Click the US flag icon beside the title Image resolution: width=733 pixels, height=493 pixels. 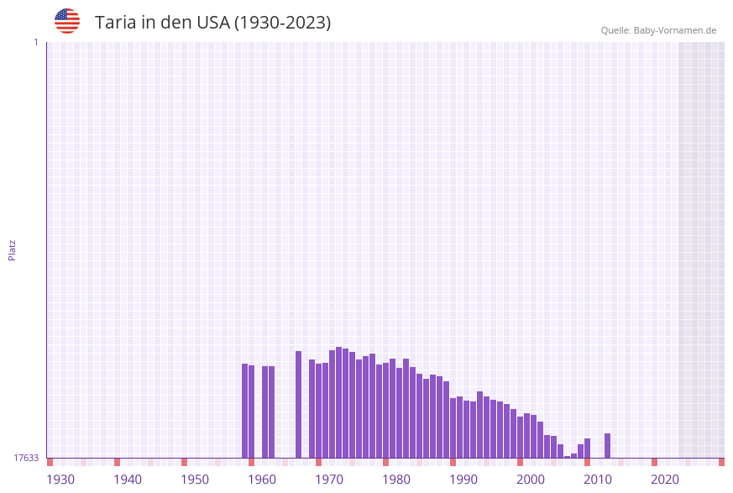(x=67, y=21)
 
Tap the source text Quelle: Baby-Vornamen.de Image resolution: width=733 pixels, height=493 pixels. (x=658, y=30)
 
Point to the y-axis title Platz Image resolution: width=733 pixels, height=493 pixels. (x=13, y=249)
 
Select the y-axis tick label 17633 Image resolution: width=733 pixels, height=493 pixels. (x=26, y=458)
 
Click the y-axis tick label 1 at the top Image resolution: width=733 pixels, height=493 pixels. (x=35, y=42)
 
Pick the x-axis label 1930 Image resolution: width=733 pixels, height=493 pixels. (x=60, y=480)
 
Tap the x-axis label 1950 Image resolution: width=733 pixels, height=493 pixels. (x=195, y=480)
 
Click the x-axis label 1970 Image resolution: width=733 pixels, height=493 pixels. (x=329, y=480)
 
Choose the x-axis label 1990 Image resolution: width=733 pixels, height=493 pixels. (x=463, y=480)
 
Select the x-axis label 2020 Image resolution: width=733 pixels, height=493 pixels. (x=665, y=480)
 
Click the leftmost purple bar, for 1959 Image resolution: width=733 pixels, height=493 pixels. (x=245, y=411)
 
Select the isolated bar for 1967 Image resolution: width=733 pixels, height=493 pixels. (x=298, y=404)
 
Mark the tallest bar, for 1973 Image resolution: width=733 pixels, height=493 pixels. (x=338, y=402)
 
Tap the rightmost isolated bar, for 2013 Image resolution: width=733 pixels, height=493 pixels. (x=607, y=445)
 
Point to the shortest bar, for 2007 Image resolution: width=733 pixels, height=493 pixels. (x=567, y=457)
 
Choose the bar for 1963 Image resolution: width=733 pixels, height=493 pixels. (x=271, y=412)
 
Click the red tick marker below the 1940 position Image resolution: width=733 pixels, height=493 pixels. (x=117, y=462)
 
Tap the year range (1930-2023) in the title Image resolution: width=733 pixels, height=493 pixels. (x=282, y=23)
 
